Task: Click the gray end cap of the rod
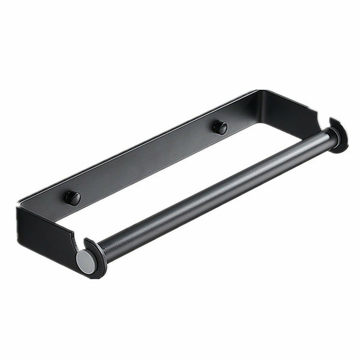85,262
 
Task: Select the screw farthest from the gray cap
220,127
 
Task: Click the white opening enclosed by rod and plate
198,162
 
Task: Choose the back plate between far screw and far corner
240,114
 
